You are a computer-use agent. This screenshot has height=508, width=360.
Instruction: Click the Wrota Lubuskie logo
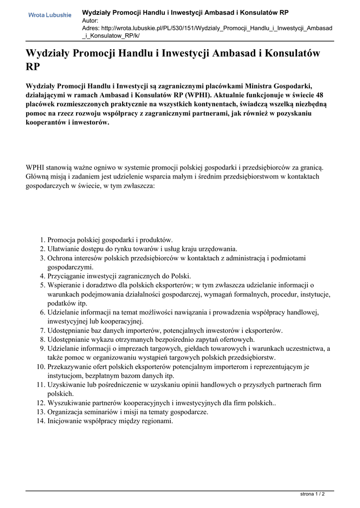coord(50,15)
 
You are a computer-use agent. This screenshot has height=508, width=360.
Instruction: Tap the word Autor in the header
coord(90,20)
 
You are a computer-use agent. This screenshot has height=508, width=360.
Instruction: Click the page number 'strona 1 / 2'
coord(313,494)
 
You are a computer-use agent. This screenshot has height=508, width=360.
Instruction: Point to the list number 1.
coord(42,240)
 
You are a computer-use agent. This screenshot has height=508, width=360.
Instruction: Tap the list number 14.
coord(40,421)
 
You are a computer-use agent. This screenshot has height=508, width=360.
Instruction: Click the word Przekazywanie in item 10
coord(71,367)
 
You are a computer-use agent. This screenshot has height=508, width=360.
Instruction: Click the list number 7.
coord(42,330)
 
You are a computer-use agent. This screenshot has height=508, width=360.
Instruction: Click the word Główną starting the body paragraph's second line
coord(38,176)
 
